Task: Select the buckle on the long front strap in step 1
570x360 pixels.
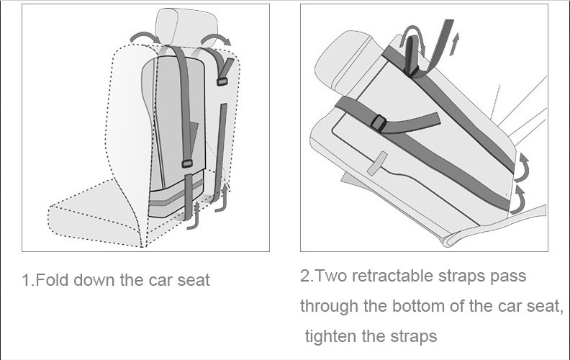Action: click(187, 164)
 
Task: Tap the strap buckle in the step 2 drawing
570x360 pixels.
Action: click(379, 125)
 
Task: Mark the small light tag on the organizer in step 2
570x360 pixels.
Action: click(376, 164)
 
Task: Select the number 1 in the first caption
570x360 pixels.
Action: click(26, 280)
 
